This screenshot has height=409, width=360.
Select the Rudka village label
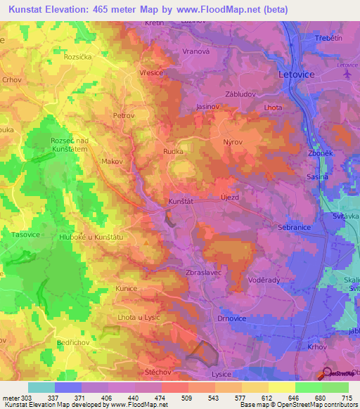click(x=174, y=150)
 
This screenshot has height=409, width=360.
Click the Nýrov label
click(x=233, y=142)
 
